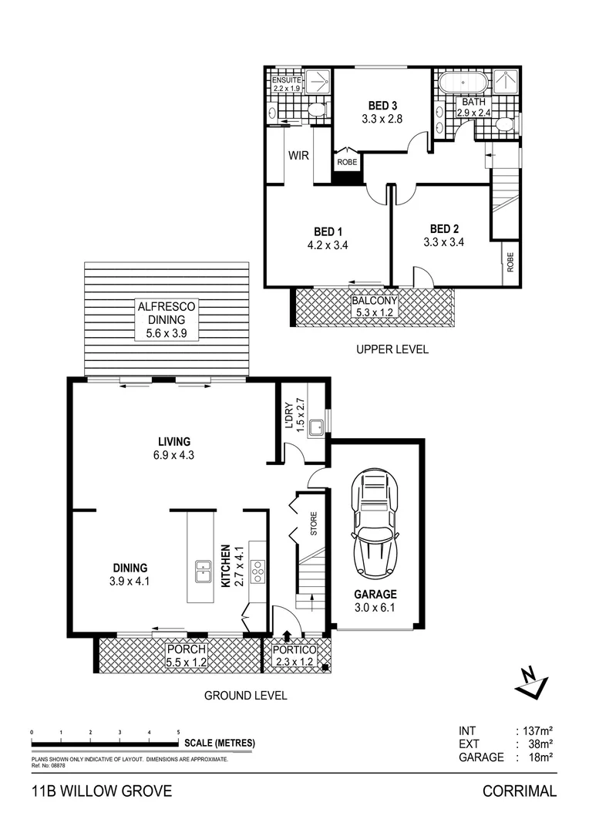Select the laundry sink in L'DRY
point(315,427)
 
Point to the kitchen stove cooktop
point(258,570)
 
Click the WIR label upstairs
point(299,155)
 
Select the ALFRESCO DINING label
point(166,319)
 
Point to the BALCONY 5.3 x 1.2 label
point(374,306)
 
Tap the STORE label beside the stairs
point(314,524)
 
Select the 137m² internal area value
point(538,729)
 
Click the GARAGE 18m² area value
point(538,757)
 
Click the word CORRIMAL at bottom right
point(519,791)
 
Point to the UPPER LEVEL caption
point(392,349)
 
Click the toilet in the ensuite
point(316,113)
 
